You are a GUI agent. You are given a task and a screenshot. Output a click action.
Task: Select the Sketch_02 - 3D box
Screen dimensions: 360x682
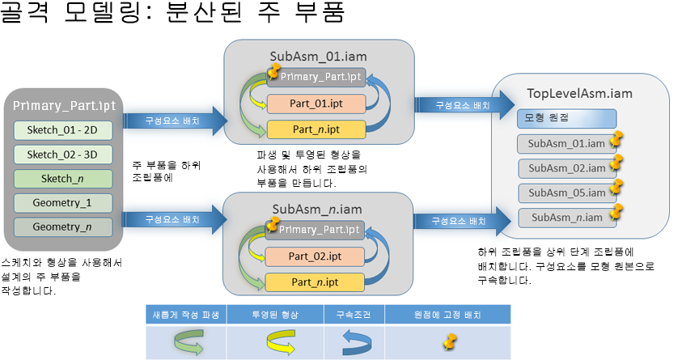63,155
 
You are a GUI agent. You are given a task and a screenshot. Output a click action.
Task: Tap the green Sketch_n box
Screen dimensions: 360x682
63,178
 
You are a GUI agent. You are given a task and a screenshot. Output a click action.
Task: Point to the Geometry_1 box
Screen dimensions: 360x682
63,202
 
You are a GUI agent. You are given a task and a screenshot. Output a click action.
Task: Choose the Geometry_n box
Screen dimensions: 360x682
63,227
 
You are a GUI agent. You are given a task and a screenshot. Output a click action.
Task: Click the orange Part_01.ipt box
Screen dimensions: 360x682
317,104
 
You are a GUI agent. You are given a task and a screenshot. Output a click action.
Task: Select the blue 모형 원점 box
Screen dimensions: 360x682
560,118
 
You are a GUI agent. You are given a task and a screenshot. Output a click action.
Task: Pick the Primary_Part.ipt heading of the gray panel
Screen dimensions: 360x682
63,106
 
